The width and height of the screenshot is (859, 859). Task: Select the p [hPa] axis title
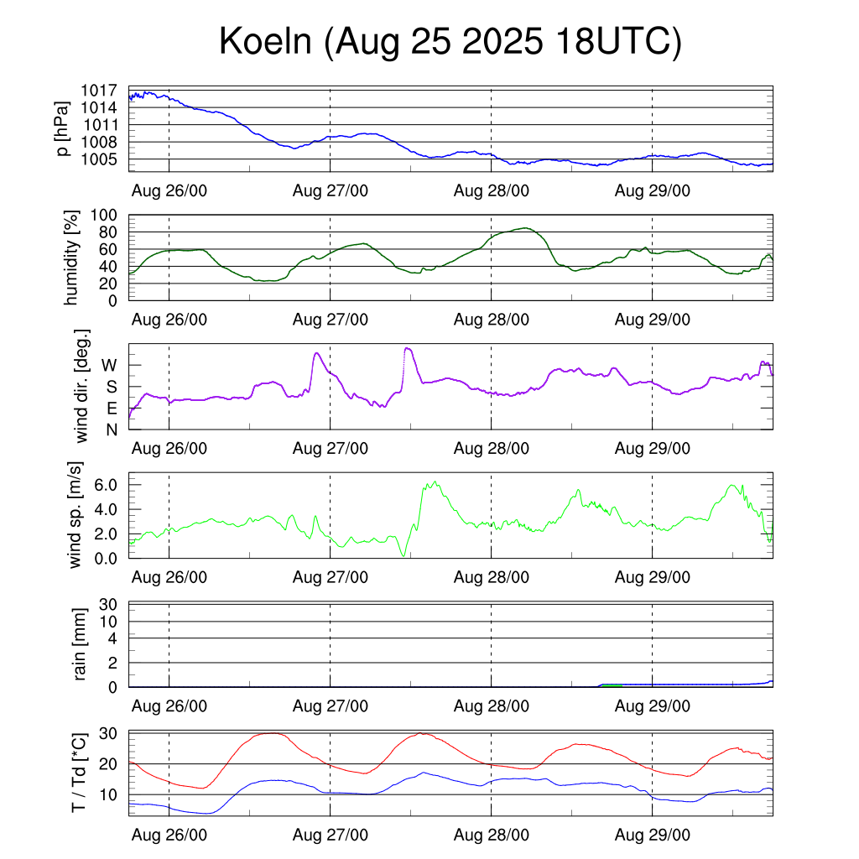(x=63, y=129)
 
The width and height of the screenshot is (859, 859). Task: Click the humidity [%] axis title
(x=71, y=257)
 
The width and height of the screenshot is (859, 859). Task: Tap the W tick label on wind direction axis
(x=109, y=365)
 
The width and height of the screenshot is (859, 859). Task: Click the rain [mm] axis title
(x=81, y=644)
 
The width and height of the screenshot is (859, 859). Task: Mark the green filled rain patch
(x=612, y=685)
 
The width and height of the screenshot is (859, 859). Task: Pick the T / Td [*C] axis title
(x=78, y=772)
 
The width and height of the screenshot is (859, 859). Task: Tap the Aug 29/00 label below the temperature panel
(x=653, y=836)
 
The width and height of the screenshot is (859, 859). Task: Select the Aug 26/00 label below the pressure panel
(x=169, y=190)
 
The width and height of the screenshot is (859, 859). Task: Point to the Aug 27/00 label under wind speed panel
(x=331, y=577)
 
